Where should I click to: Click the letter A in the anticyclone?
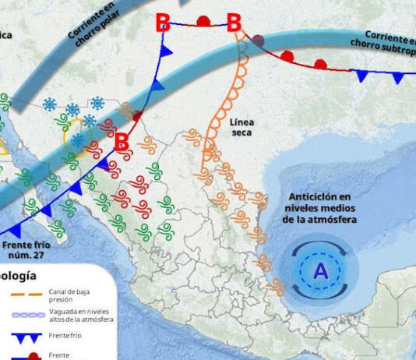[x=320, y=271]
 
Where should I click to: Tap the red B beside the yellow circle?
[x=122, y=142]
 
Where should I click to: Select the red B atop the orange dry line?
[x=234, y=23]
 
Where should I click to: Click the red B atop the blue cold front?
[x=163, y=23]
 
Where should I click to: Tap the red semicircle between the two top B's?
[x=203, y=21]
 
